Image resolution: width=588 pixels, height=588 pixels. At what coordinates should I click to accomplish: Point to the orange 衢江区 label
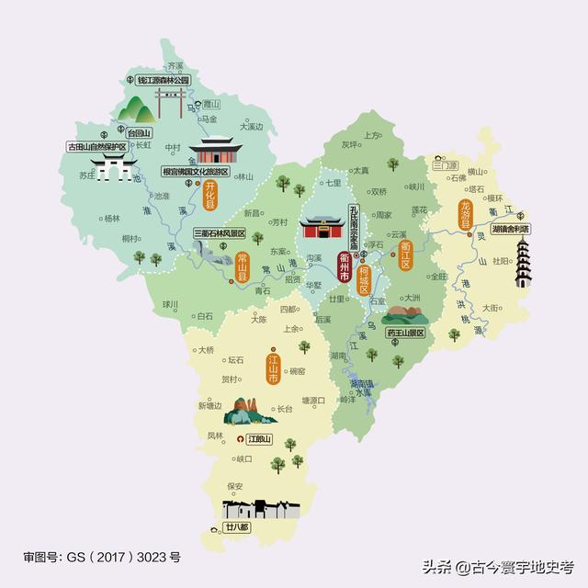point(405,251)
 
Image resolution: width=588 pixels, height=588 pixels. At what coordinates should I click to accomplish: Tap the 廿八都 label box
point(235,527)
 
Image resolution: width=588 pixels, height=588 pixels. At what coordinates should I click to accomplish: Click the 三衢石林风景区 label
point(220,234)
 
